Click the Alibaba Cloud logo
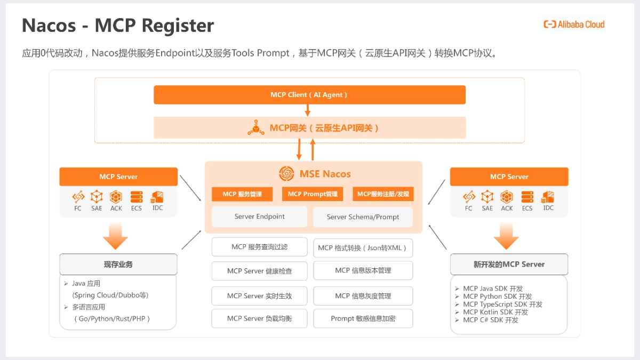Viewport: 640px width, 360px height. point(574,24)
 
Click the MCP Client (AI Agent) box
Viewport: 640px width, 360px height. point(309,95)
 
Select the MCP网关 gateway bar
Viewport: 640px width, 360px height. point(309,128)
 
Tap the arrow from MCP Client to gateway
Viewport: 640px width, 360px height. point(308,110)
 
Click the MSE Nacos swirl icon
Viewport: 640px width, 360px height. point(286,174)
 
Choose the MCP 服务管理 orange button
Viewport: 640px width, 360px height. point(242,194)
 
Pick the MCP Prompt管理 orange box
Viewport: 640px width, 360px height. point(313,194)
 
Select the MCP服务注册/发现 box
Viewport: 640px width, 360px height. point(383,194)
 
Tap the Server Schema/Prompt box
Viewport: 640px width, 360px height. point(363,217)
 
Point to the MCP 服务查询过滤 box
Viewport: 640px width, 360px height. point(259,247)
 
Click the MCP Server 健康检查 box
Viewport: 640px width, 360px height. point(259,271)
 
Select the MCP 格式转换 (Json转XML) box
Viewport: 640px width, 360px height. point(363,247)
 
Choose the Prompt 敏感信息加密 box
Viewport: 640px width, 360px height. point(363,318)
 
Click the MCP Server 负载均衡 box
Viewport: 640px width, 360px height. point(259,318)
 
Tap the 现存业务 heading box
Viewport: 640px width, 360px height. point(118,265)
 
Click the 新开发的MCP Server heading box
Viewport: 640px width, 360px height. point(509,265)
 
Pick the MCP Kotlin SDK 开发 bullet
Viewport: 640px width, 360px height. point(495,312)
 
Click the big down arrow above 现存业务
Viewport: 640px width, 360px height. point(116,236)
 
